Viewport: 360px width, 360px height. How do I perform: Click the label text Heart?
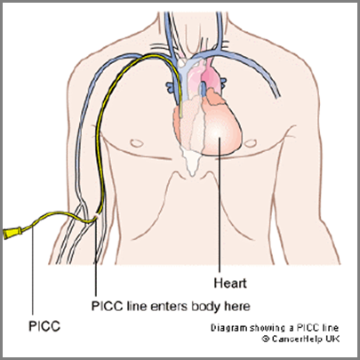[x=230, y=284]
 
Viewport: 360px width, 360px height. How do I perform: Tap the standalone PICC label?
[x=44, y=326]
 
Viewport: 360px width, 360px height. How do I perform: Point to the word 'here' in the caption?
[x=237, y=306]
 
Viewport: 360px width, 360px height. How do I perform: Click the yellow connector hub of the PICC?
[x=12, y=233]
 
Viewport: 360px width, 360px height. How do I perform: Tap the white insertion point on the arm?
[x=96, y=218]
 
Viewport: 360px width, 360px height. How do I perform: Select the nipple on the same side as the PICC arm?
[x=137, y=143]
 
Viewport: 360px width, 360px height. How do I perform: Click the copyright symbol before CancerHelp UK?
[x=266, y=339]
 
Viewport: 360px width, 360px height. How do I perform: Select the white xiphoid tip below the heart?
[x=192, y=163]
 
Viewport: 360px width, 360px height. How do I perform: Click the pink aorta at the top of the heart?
[x=211, y=75]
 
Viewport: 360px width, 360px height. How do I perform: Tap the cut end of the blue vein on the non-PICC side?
[x=277, y=96]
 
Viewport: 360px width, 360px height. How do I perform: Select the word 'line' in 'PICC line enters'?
[x=137, y=306]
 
